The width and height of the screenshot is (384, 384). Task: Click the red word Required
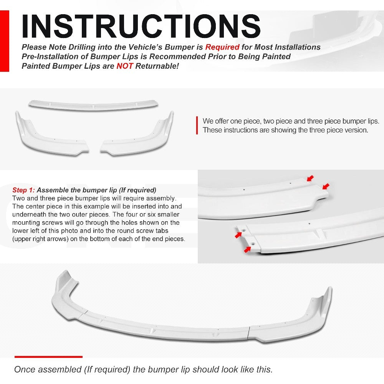222,47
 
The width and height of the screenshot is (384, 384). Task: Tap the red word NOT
125,66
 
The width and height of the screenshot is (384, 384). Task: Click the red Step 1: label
24,190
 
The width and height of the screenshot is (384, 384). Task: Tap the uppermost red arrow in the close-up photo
310,178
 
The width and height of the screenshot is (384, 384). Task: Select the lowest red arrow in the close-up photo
248,250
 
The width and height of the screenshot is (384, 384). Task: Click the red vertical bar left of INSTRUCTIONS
5,41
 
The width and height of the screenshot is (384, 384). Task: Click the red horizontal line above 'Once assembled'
48,357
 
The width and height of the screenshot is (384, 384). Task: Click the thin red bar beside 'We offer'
197,126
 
